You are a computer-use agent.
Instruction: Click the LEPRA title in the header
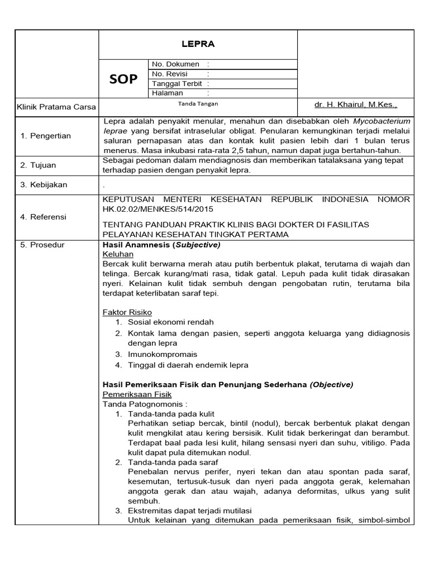coord(198,44)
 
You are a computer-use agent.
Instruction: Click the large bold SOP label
coord(123,79)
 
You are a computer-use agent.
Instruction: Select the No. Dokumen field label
coord(175,64)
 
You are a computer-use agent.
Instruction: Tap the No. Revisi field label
coord(170,74)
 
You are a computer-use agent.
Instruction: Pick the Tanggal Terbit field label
coord(177,83)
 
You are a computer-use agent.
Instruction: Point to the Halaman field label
coord(168,93)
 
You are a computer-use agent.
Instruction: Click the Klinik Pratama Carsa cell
coord(56,107)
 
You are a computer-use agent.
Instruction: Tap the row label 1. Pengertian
coord(46,136)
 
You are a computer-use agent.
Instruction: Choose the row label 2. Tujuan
coord(39,165)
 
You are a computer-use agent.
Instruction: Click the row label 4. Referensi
coord(43,217)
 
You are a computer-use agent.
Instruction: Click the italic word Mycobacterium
coord(382,121)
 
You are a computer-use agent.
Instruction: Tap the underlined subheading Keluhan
coord(118,254)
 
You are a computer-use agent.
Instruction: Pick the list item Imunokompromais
coord(163,354)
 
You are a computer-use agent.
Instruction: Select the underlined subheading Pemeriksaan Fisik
coord(137,394)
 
